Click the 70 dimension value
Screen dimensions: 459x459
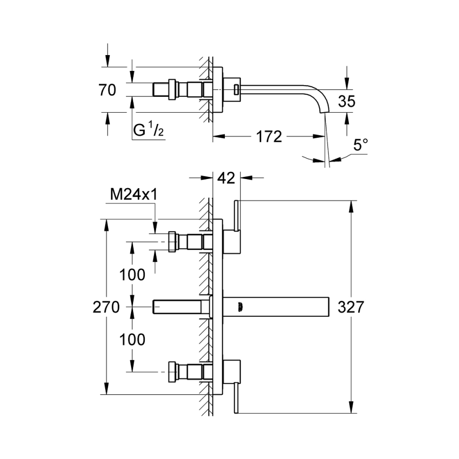(x=108, y=90)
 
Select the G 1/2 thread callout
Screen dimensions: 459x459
(x=148, y=131)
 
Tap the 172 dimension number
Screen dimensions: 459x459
(x=269, y=137)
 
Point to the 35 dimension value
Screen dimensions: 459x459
(x=346, y=101)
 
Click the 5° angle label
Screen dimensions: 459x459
(x=360, y=145)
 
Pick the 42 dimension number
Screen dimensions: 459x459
(x=226, y=178)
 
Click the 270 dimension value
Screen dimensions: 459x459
(x=106, y=307)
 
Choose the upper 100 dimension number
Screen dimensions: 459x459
(x=133, y=275)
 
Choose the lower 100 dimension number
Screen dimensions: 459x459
(x=133, y=339)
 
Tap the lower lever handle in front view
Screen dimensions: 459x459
(x=236, y=395)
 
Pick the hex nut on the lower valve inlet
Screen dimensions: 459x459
(x=172, y=371)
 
